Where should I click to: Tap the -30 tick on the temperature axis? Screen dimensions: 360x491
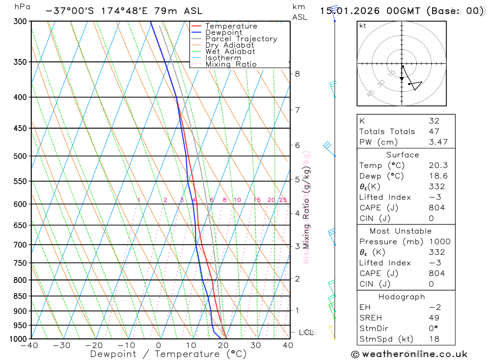62,345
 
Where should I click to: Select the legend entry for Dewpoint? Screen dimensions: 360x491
224,32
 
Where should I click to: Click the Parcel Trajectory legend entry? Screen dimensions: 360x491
241,39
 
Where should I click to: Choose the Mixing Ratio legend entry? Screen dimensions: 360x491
231,64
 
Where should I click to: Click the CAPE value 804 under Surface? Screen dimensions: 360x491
436,208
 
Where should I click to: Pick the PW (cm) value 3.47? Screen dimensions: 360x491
436,142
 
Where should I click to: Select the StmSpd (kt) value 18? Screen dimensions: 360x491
434,339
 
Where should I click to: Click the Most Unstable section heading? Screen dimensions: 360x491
401,231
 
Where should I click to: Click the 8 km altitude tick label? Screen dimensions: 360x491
297,74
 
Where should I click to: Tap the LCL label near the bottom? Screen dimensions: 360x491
306,332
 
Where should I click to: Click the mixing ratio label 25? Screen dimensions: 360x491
283,200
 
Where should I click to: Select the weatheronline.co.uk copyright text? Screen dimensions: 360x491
409,354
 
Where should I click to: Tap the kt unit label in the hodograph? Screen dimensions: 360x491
363,26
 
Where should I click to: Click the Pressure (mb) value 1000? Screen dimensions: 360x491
439,242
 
